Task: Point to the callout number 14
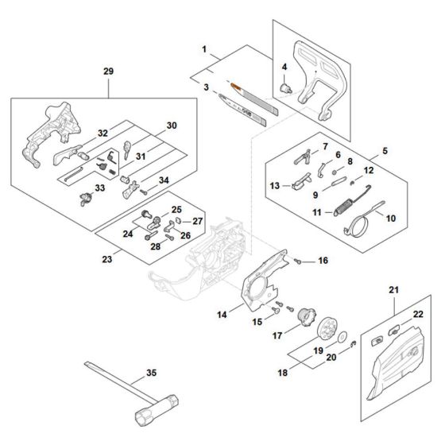coord(224,315)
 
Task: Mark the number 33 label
coord(99,188)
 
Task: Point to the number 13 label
coord(274,185)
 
